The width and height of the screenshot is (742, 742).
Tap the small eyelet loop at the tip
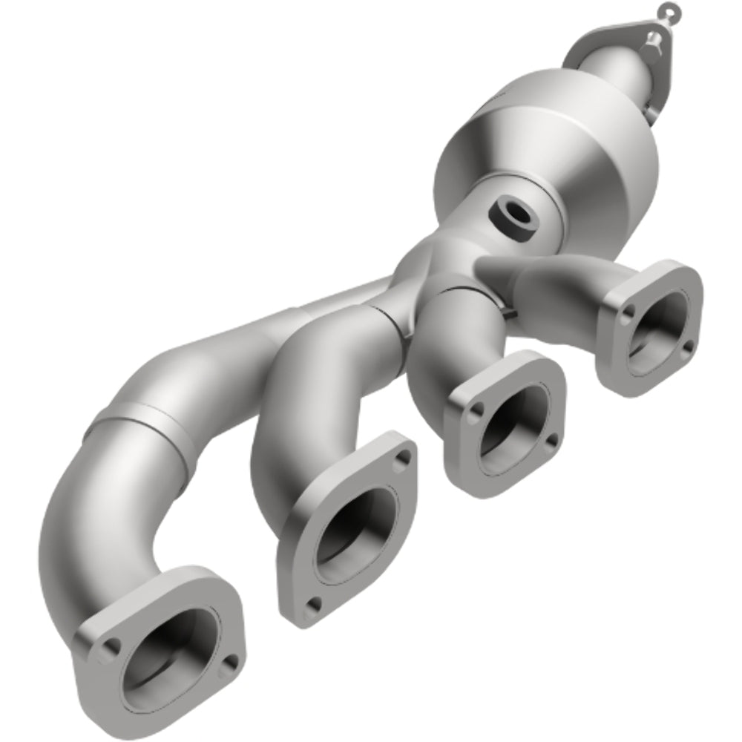pos(666,10)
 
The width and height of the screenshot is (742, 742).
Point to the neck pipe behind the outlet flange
pos(623,74)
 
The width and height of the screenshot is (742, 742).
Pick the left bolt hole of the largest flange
pos(109,647)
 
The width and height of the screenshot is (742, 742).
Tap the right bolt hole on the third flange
pos(551,441)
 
